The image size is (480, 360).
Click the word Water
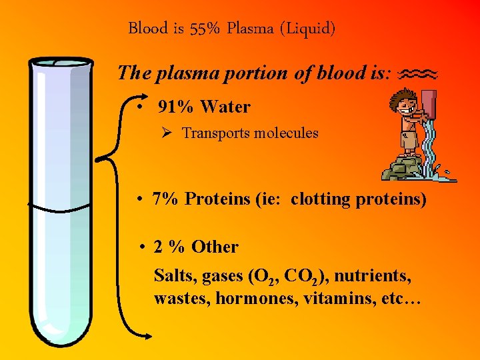click(x=225, y=107)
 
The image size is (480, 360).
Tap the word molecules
click(x=285, y=133)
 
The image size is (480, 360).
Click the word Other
click(x=215, y=247)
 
